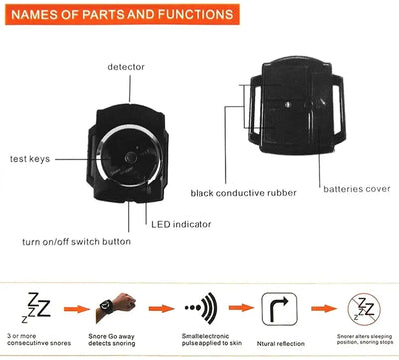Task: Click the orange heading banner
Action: point(120,17)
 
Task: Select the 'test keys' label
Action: point(31,159)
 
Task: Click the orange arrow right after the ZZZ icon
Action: point(72,309)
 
